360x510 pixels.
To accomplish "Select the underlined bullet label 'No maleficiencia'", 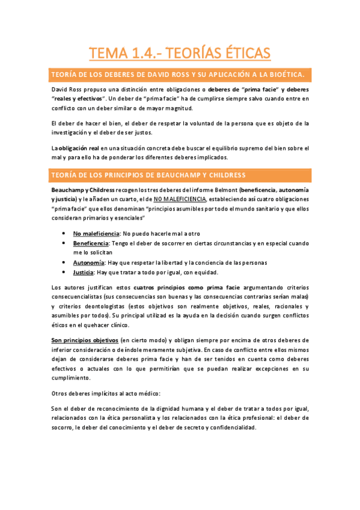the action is point(96,233).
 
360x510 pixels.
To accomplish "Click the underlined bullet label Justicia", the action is point(85,272).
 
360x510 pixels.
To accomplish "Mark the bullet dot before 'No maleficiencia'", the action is point(64,233).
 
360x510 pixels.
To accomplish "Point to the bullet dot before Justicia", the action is point(64,272).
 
